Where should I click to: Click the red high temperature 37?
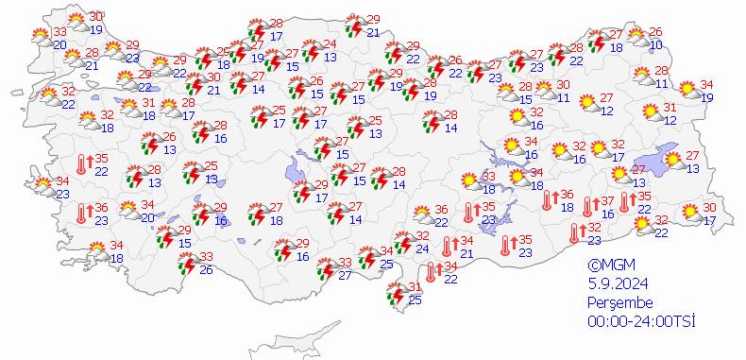(609, 201)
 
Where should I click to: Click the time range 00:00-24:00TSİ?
(640, 321)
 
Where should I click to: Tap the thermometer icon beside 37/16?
(589, 205)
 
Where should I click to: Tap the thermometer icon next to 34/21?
(448, 248)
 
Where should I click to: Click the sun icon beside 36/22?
(416, 217)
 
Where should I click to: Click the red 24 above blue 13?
(330, 44)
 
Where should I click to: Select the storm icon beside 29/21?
(355, 26)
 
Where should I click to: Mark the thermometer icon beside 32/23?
(576, 231)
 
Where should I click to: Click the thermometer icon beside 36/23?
(83, 214)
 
